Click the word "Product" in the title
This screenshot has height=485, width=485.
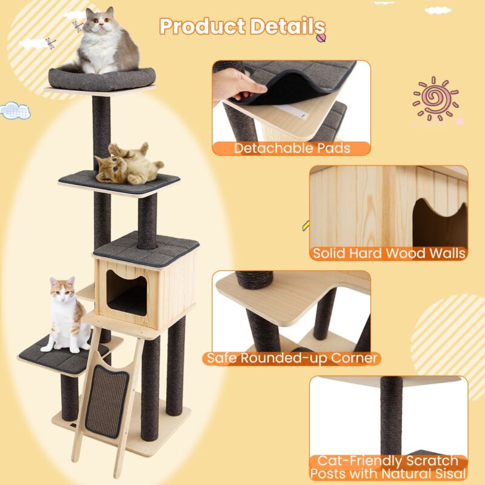click(202, 27)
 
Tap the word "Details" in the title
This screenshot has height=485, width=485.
click(287, 27)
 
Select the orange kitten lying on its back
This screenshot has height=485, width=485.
click(129, 164)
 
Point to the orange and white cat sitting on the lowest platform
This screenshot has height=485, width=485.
click(67, 315)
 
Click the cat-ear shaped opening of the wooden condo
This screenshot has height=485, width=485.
click(127, 292)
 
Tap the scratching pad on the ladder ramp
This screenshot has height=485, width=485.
click(107, 401)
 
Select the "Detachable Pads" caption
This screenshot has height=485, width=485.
click(292, 148)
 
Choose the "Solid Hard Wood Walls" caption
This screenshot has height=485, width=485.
click(389, 253)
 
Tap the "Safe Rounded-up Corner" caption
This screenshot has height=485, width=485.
click(292, 358)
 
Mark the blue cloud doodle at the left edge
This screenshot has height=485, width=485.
click(15, 110)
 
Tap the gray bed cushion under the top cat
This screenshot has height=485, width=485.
click(102, 79)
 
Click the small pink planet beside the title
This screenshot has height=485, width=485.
click(321, 38)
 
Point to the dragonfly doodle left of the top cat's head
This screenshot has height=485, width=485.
click(78, 26)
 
